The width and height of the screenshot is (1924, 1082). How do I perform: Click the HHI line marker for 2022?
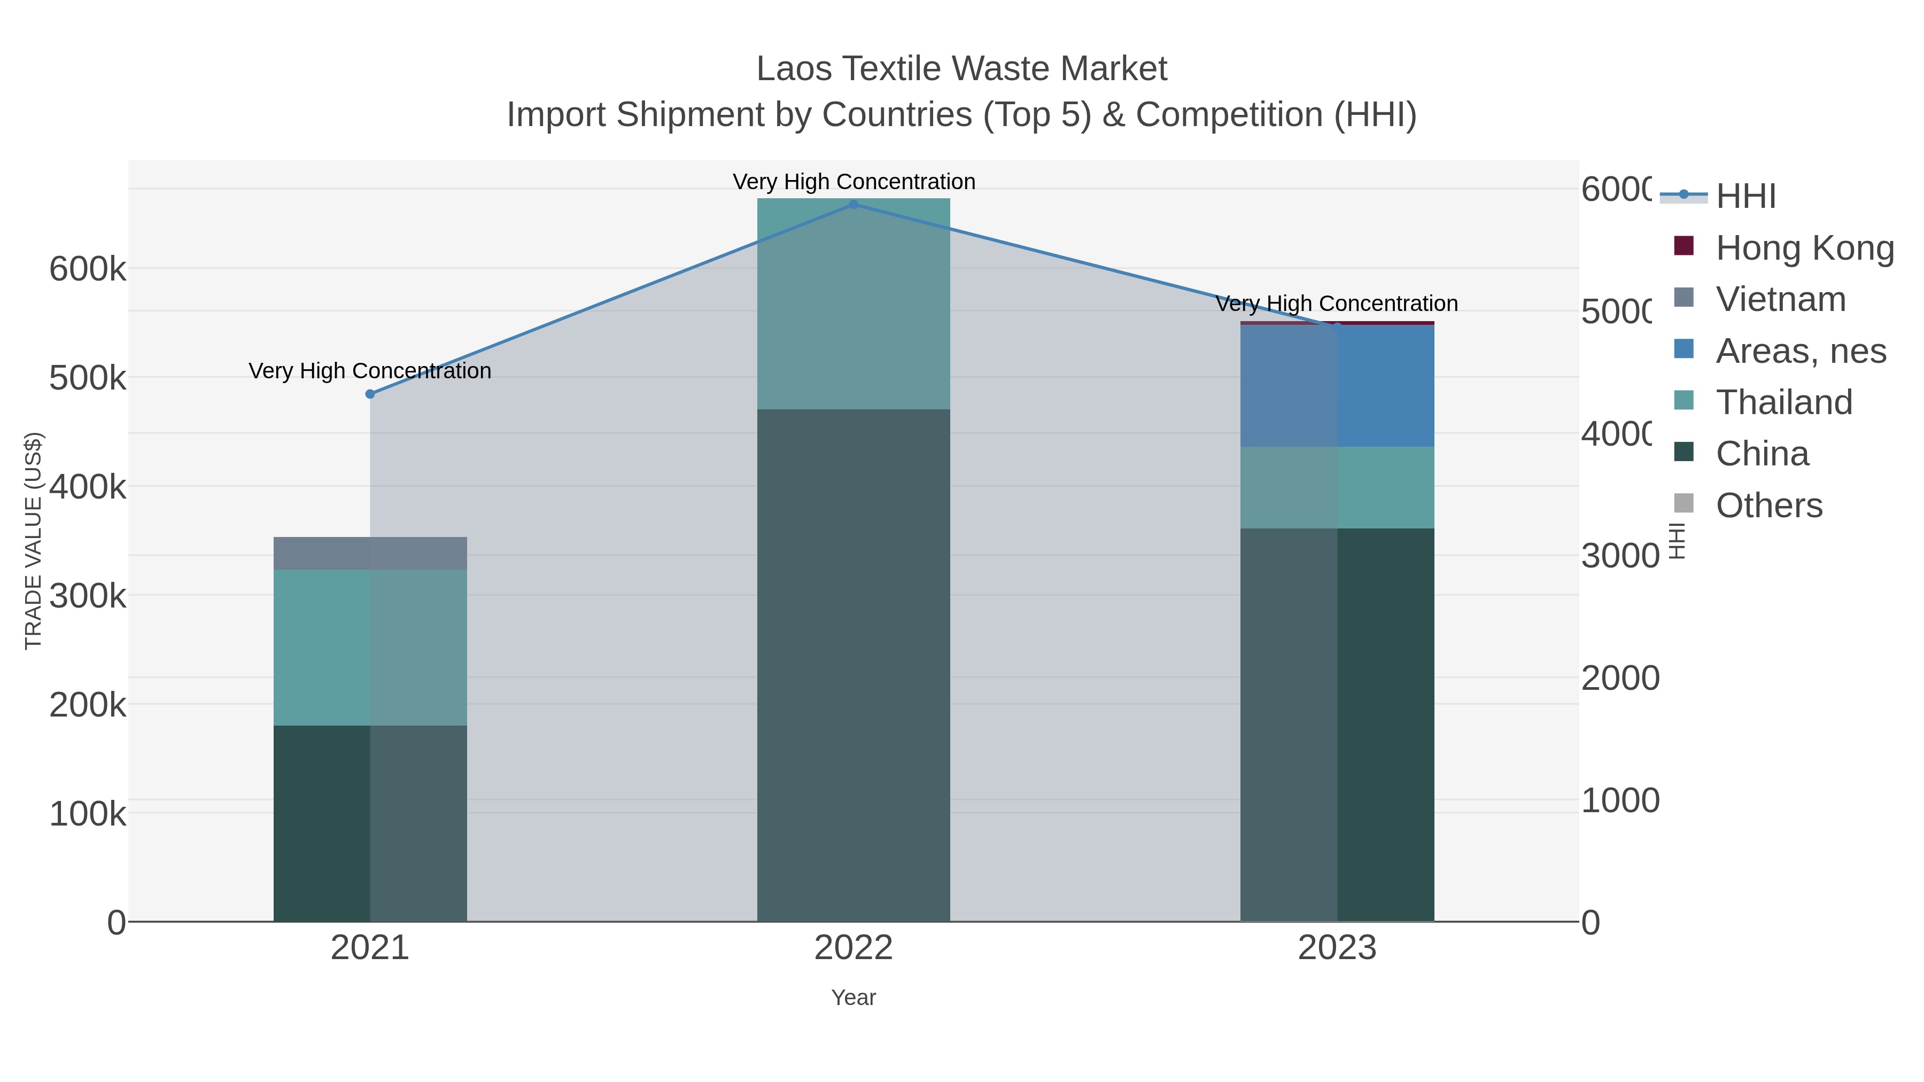[x=854, y=205]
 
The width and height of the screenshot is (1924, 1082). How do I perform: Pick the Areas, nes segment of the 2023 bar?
[x=1337, y=386]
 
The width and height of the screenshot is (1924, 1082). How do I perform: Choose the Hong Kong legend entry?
[x=1804, y=248]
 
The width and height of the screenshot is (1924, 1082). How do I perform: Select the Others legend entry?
[x=1768, y=505]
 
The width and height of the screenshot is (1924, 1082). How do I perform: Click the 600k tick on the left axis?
[x=88, y=269]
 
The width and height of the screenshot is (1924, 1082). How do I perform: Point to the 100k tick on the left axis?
[x=88, y=814]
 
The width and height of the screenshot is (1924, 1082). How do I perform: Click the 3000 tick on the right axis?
[x=1619, y=556]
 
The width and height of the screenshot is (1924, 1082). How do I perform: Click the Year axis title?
[x=854, y=998]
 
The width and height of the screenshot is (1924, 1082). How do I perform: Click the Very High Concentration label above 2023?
[x=1337, y=304]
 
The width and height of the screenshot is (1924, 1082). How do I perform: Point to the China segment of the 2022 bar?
[x=854, y=665]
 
